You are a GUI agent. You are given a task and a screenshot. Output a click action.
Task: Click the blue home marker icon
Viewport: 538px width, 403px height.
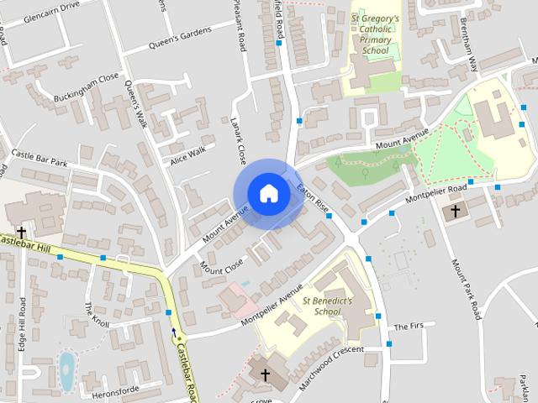[268, 193]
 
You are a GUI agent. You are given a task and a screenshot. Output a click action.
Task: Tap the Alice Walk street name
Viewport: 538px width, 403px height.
[187, 155]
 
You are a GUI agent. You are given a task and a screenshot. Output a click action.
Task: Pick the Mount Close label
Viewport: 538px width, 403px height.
[222, 265]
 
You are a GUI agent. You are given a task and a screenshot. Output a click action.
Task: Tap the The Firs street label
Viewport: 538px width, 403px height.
[411, 326]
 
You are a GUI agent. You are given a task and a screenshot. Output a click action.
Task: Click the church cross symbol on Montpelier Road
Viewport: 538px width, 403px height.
[456, 211]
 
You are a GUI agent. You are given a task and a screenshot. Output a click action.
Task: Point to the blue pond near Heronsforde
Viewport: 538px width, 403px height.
[66, 372]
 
